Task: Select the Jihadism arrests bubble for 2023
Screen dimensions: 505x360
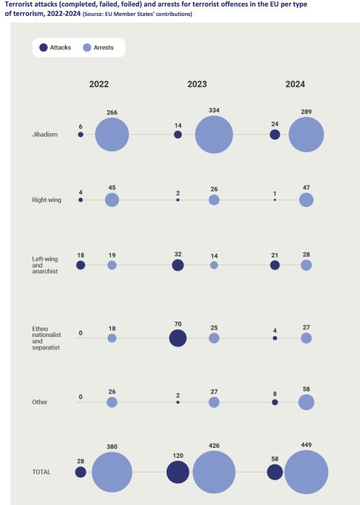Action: [214, 135]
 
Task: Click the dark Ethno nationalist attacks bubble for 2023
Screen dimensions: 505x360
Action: [177, 338]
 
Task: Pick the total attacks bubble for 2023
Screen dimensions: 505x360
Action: [177, 472]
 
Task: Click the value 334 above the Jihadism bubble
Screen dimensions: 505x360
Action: [214, 113]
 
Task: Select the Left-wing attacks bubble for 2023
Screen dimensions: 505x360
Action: [177, 265]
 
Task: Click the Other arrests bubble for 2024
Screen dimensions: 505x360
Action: [306, 402]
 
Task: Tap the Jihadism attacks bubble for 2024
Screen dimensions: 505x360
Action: [275, 135]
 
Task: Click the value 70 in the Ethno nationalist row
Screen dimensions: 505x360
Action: [177, 322]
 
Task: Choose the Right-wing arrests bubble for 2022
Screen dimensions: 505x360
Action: [112, 200]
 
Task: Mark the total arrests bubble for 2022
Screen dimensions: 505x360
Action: [112, 472]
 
